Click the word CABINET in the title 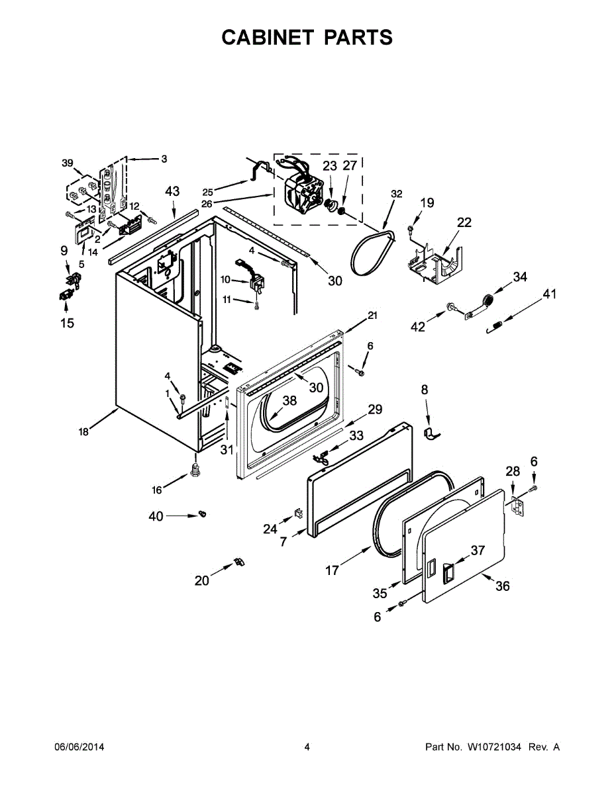(268, 38)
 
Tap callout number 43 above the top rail (172, 191)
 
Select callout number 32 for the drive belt (396, 194)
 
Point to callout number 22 (464, 222)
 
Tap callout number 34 (520, 277)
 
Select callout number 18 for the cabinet (83, 432)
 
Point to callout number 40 (156, 516)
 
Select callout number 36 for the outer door (503, 586)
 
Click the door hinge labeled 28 (518, 507)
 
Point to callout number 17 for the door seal (332, 569)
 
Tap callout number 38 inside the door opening (290, 400)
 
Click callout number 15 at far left (67, 324)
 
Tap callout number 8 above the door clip (425, 390)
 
